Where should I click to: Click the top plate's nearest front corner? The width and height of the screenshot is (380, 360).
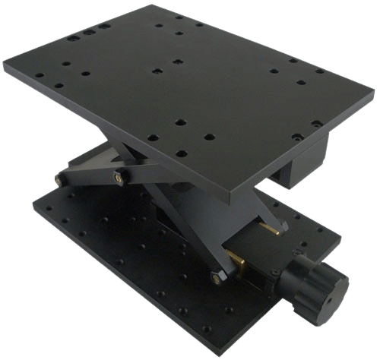(252, 190)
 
